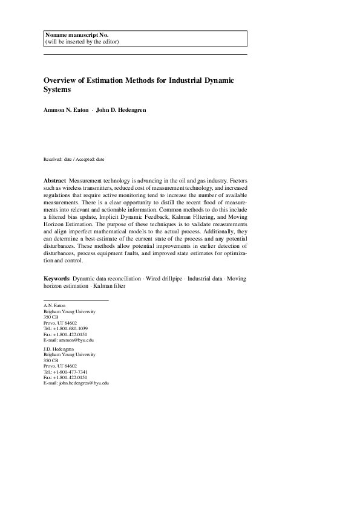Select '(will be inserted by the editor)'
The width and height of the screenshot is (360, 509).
pyautogui.click(x=82, y=42)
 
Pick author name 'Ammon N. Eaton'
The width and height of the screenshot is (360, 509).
pyautogui.click(x=65, y=111)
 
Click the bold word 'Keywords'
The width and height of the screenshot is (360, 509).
pyautogui.click(x=57, y=279)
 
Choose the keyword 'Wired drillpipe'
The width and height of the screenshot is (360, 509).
pyautogui.click(x=164, y=279)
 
